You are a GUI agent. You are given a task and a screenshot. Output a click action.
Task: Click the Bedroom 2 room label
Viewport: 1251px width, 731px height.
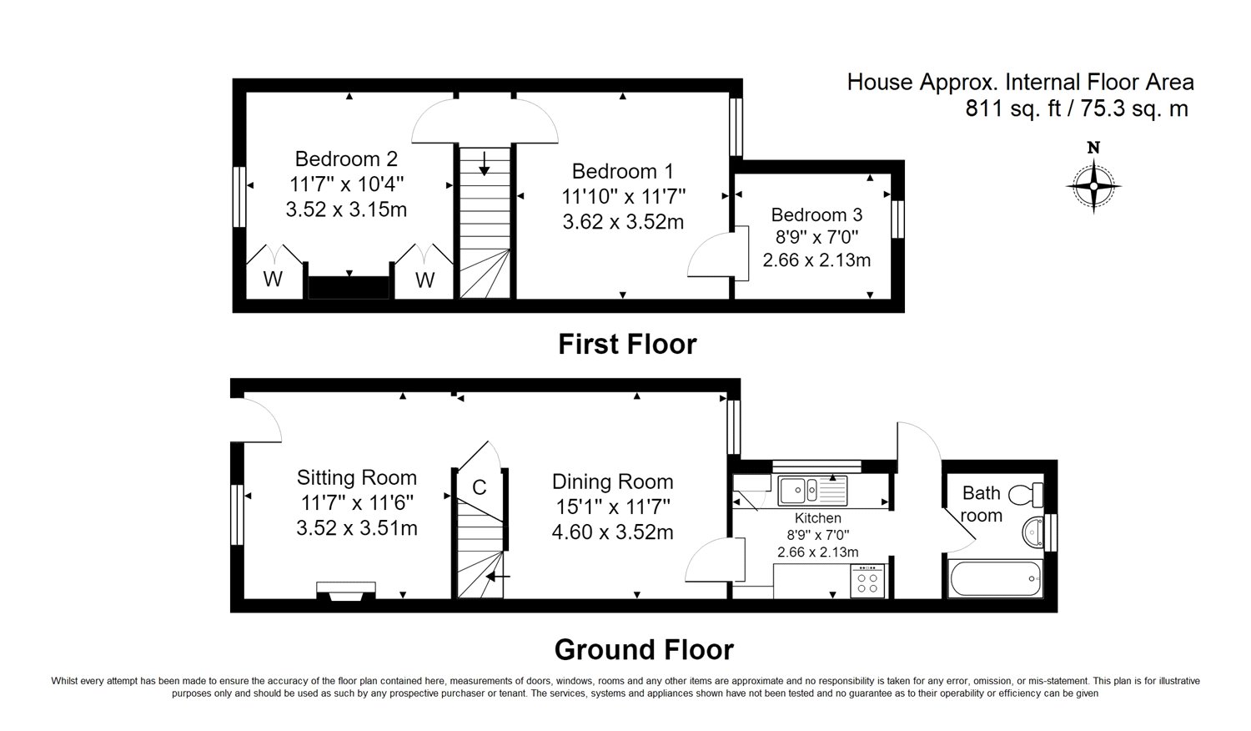click(346, 159)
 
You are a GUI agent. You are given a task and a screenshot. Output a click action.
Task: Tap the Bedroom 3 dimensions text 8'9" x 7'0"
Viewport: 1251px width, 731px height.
click(816, 238)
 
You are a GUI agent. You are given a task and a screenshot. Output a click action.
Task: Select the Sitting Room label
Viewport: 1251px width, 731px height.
click(357, 478)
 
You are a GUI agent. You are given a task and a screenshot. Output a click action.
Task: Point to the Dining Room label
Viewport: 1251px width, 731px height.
click(613, 481)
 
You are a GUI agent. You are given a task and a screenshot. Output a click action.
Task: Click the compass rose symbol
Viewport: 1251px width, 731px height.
click(1093, 186)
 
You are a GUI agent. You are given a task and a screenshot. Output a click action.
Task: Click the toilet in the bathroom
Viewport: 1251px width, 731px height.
click(1026, 495)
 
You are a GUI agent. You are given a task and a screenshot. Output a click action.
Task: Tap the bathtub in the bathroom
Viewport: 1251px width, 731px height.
click(995, 578)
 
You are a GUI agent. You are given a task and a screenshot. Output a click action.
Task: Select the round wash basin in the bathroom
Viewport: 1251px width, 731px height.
click(1033, 532)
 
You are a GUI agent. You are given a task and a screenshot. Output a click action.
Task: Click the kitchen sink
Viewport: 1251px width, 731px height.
click(812, 491)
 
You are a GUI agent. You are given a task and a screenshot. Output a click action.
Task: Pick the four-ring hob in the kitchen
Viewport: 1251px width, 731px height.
click(867, 582)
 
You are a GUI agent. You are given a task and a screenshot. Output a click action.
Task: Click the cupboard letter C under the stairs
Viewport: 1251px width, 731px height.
click(480, 487)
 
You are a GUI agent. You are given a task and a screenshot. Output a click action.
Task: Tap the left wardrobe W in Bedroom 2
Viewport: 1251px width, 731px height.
click(273, 279)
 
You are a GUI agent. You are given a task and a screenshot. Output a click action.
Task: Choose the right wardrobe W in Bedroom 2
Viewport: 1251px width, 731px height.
click(425, 280)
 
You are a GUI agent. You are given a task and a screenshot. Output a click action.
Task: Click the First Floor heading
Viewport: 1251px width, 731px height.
click(628, 345)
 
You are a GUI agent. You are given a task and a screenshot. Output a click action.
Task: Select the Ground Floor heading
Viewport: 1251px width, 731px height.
click(644, 650)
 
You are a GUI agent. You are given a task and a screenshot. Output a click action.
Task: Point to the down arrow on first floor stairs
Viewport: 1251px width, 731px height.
click(485, 164)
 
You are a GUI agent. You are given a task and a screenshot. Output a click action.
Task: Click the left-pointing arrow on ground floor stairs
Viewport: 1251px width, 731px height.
click(498, 576)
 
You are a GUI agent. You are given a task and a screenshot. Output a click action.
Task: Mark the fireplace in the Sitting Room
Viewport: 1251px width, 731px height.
click(346, 592)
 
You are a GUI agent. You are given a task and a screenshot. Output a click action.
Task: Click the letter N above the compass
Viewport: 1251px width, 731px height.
click(1093, 148)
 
